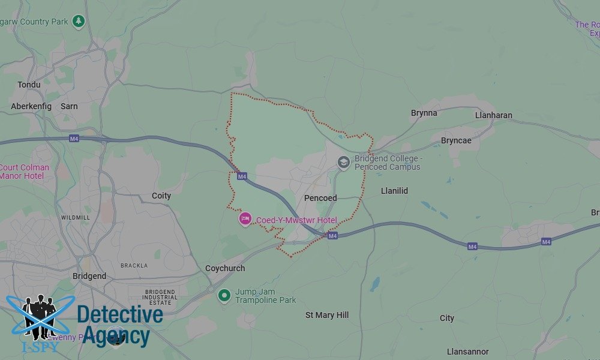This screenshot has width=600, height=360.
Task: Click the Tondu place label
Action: pos(29,85)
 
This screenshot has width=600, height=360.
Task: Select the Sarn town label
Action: pos(69,106)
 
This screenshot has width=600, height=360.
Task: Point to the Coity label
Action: pos(161,196)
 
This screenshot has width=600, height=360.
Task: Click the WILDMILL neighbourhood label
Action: pos(76,217)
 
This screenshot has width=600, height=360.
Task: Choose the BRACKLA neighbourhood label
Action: pos(134,265)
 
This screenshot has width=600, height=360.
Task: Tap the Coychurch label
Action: pos(225,268)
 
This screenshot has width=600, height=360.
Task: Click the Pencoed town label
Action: pos(320,198)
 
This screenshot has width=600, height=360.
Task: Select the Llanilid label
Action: pos(394,191)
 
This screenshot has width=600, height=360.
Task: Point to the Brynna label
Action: pos(424,113)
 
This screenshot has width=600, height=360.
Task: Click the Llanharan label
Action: pos(494,115)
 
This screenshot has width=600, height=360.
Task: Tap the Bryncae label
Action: pos(456,140)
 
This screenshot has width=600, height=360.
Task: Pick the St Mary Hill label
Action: pos(327,315)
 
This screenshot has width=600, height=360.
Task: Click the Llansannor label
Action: pos(467,352)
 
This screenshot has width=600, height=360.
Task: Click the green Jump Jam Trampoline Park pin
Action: pos(224,295)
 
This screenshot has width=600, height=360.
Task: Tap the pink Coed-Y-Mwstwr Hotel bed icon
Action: pos(245,219)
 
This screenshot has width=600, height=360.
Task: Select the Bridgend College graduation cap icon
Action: pos(343,161)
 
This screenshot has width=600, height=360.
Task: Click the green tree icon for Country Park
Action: pos(78,22)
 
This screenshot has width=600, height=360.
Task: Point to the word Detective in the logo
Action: pos(120,314)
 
